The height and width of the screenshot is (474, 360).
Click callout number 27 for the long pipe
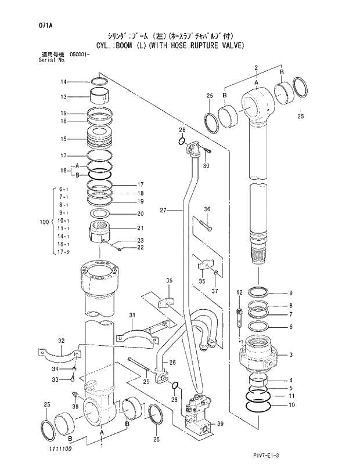coord(163,210)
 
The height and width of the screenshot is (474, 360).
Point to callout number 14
coord(64,81)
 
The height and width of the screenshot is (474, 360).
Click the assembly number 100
coord(44,222)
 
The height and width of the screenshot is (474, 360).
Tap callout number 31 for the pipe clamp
coord(132,315)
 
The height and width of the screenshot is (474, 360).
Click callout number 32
coord(62,341)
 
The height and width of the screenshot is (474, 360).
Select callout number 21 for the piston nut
coord(141,228)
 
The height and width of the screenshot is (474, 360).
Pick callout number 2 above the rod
coord(255,68)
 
